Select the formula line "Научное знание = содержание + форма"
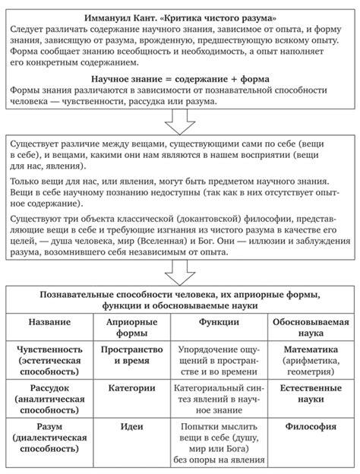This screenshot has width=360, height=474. [180, 79]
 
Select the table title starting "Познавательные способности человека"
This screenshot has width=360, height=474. [180, 299]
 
